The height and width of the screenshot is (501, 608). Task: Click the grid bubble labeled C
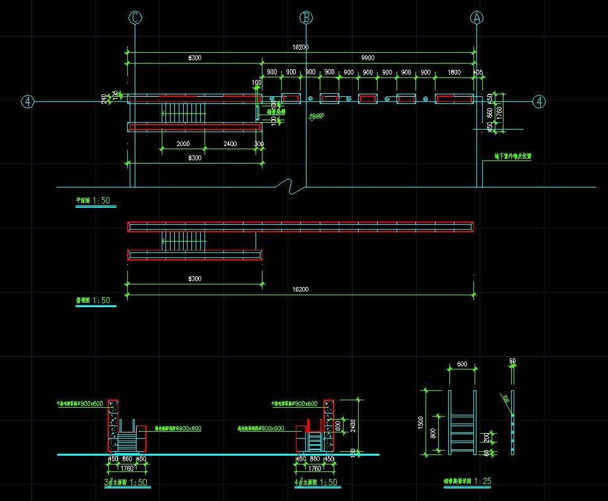135,18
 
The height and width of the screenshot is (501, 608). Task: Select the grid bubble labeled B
306,18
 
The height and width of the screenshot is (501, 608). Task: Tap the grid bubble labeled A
476,18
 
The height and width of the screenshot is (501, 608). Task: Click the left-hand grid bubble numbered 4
28,101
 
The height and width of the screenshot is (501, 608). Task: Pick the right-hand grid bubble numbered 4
539,101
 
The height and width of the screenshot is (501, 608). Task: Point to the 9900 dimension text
368,58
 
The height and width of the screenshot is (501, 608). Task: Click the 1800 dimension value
454,72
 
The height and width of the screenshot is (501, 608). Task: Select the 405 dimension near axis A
478,72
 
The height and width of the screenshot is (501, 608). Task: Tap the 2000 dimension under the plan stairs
183,144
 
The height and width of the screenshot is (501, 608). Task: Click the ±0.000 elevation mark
316,116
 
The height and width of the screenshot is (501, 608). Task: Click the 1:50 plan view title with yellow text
93,201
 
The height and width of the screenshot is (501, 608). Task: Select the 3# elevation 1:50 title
126,483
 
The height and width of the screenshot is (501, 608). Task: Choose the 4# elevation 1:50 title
315,483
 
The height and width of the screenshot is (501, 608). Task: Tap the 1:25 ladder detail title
466,481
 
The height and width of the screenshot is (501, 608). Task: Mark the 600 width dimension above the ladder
462,364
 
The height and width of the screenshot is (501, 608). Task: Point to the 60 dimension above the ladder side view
512,361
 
